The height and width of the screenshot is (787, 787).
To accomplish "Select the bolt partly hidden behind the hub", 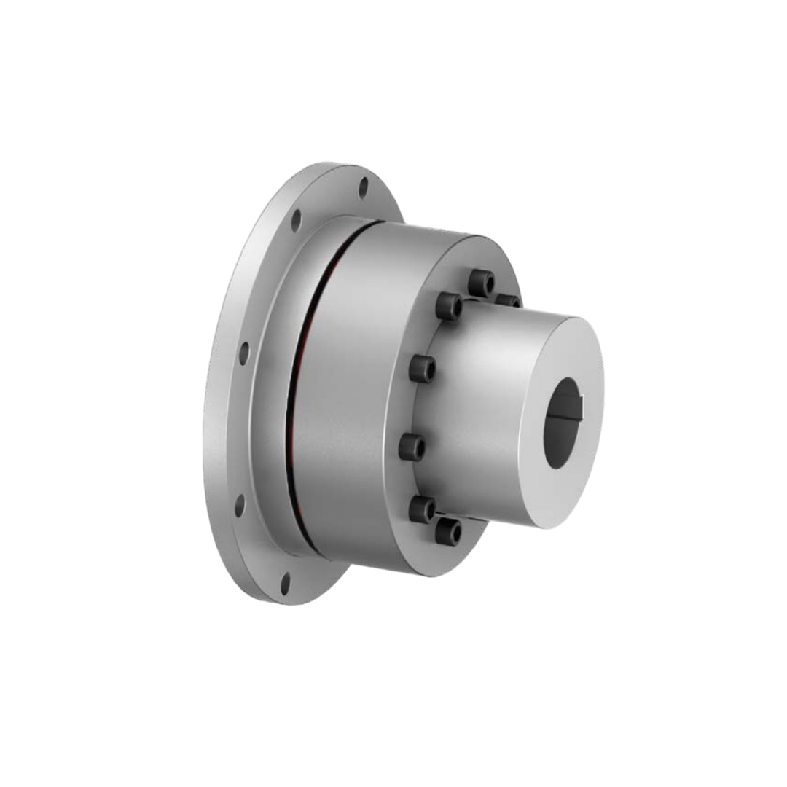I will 508,300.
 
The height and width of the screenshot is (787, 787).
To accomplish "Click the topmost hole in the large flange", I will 364,187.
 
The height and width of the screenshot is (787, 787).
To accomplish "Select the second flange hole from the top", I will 296,219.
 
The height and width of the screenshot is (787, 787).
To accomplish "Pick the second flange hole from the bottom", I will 239,504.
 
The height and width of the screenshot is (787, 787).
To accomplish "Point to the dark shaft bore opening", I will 563,423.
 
